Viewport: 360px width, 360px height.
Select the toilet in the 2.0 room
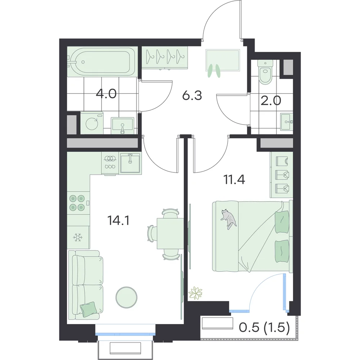coord(265,72)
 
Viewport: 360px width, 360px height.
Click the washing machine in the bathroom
coord(92,123)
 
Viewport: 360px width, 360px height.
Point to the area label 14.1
coord(118,221)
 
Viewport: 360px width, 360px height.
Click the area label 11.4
coord(234,180)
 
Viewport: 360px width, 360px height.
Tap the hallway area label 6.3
coord(192,95)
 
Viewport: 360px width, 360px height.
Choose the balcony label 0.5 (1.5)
coord(264,328)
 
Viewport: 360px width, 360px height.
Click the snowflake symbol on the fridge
coord(78,237)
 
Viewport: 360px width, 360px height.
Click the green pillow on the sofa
coord(88,308)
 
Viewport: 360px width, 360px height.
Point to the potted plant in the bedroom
coord(195,293)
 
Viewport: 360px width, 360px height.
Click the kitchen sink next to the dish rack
coord(130,163)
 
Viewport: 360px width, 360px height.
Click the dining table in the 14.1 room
coord(170,234)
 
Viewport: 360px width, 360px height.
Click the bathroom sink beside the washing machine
coord(123,125)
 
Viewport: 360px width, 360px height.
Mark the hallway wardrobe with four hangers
coord(165,58)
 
